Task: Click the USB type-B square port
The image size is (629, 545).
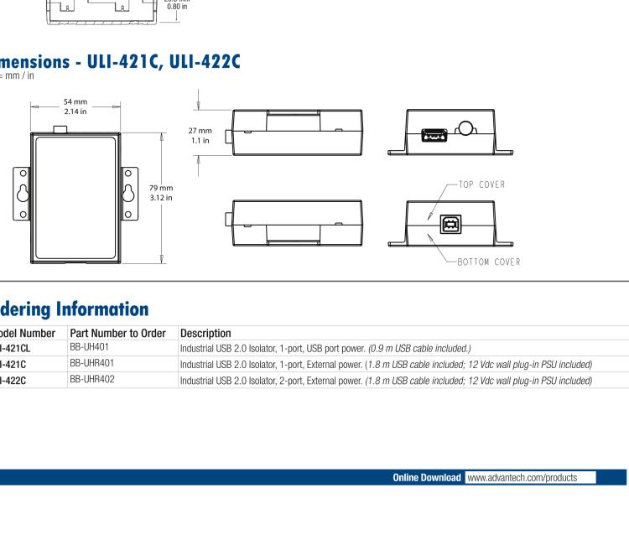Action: (450, 223)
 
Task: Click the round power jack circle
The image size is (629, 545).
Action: (464, 128)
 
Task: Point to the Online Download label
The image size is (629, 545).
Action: (426, 477)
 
